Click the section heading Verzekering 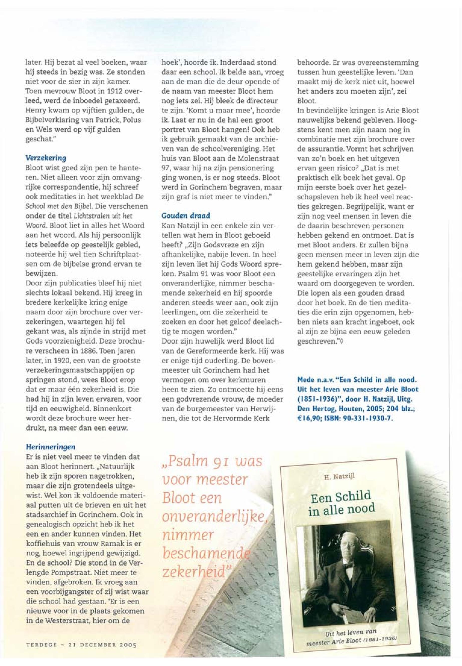pyautogui.click(x=46, y=158)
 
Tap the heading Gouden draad pyautogui.click(x=186, y=216)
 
